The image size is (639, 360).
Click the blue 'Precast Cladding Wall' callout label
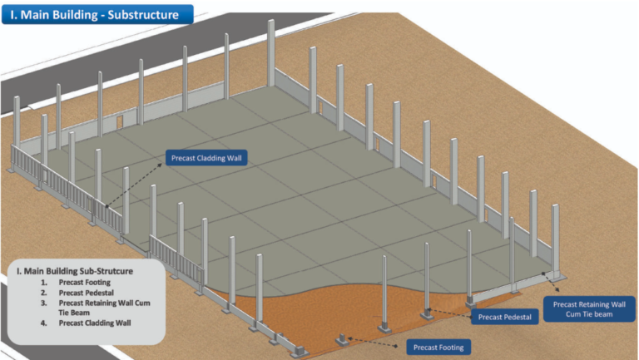tap(208, 157)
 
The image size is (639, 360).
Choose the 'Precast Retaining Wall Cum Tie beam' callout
tap(588, 308)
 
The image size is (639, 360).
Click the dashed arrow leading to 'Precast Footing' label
tap(377, 342)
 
